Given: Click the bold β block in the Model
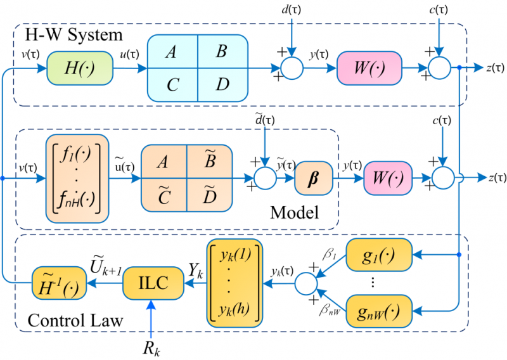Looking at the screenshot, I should pos(314,173).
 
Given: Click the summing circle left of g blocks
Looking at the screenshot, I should pos(309,281).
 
